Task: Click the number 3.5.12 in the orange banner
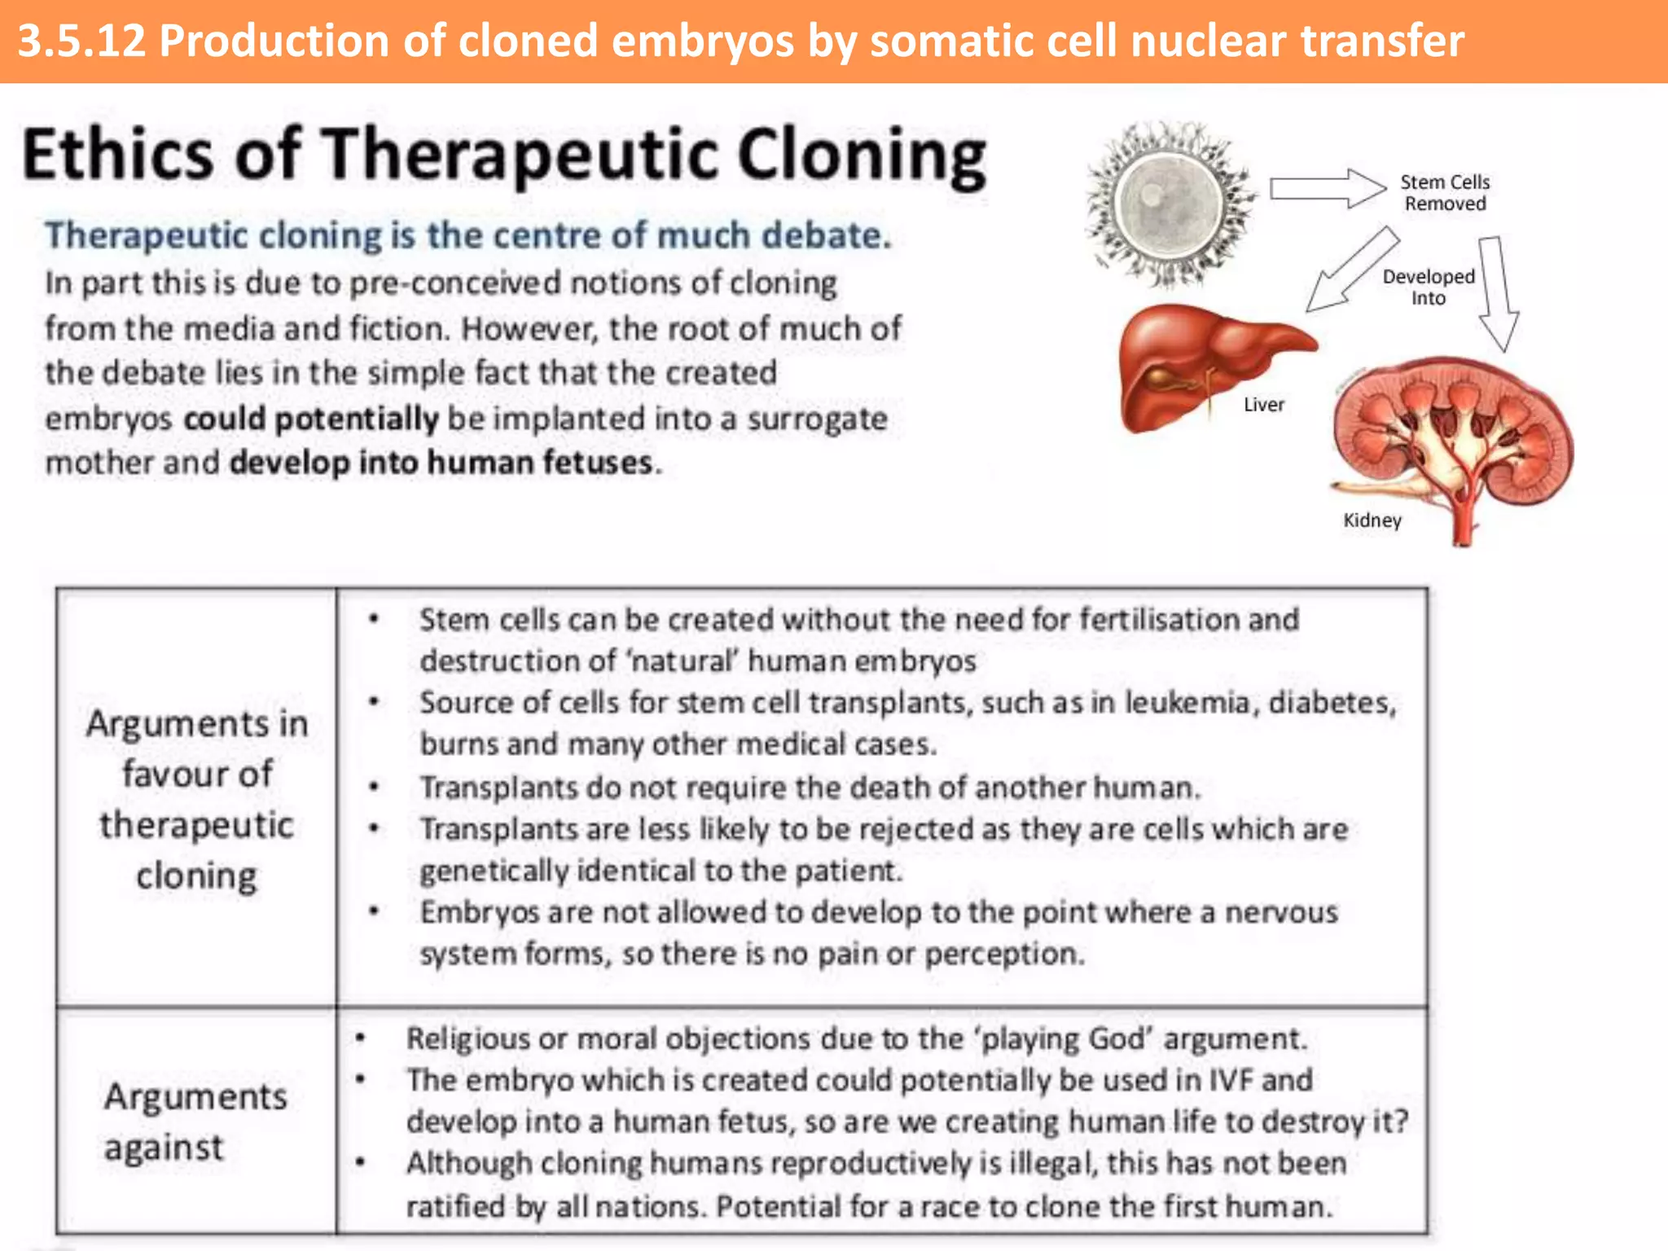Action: tap(81, 41)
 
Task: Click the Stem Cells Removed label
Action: tap(1444, 193)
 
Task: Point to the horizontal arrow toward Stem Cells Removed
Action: tap(1328, 189)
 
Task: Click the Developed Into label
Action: tap(1428, 287)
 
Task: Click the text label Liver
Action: tap(1263, 405)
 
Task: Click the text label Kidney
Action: tap(1372, 520)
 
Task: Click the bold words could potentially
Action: tap(311, 419)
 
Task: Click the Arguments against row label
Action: tap(195, 1122)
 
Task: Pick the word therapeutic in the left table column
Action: tap(196, 825)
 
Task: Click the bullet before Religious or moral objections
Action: tap(360, 1038)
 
